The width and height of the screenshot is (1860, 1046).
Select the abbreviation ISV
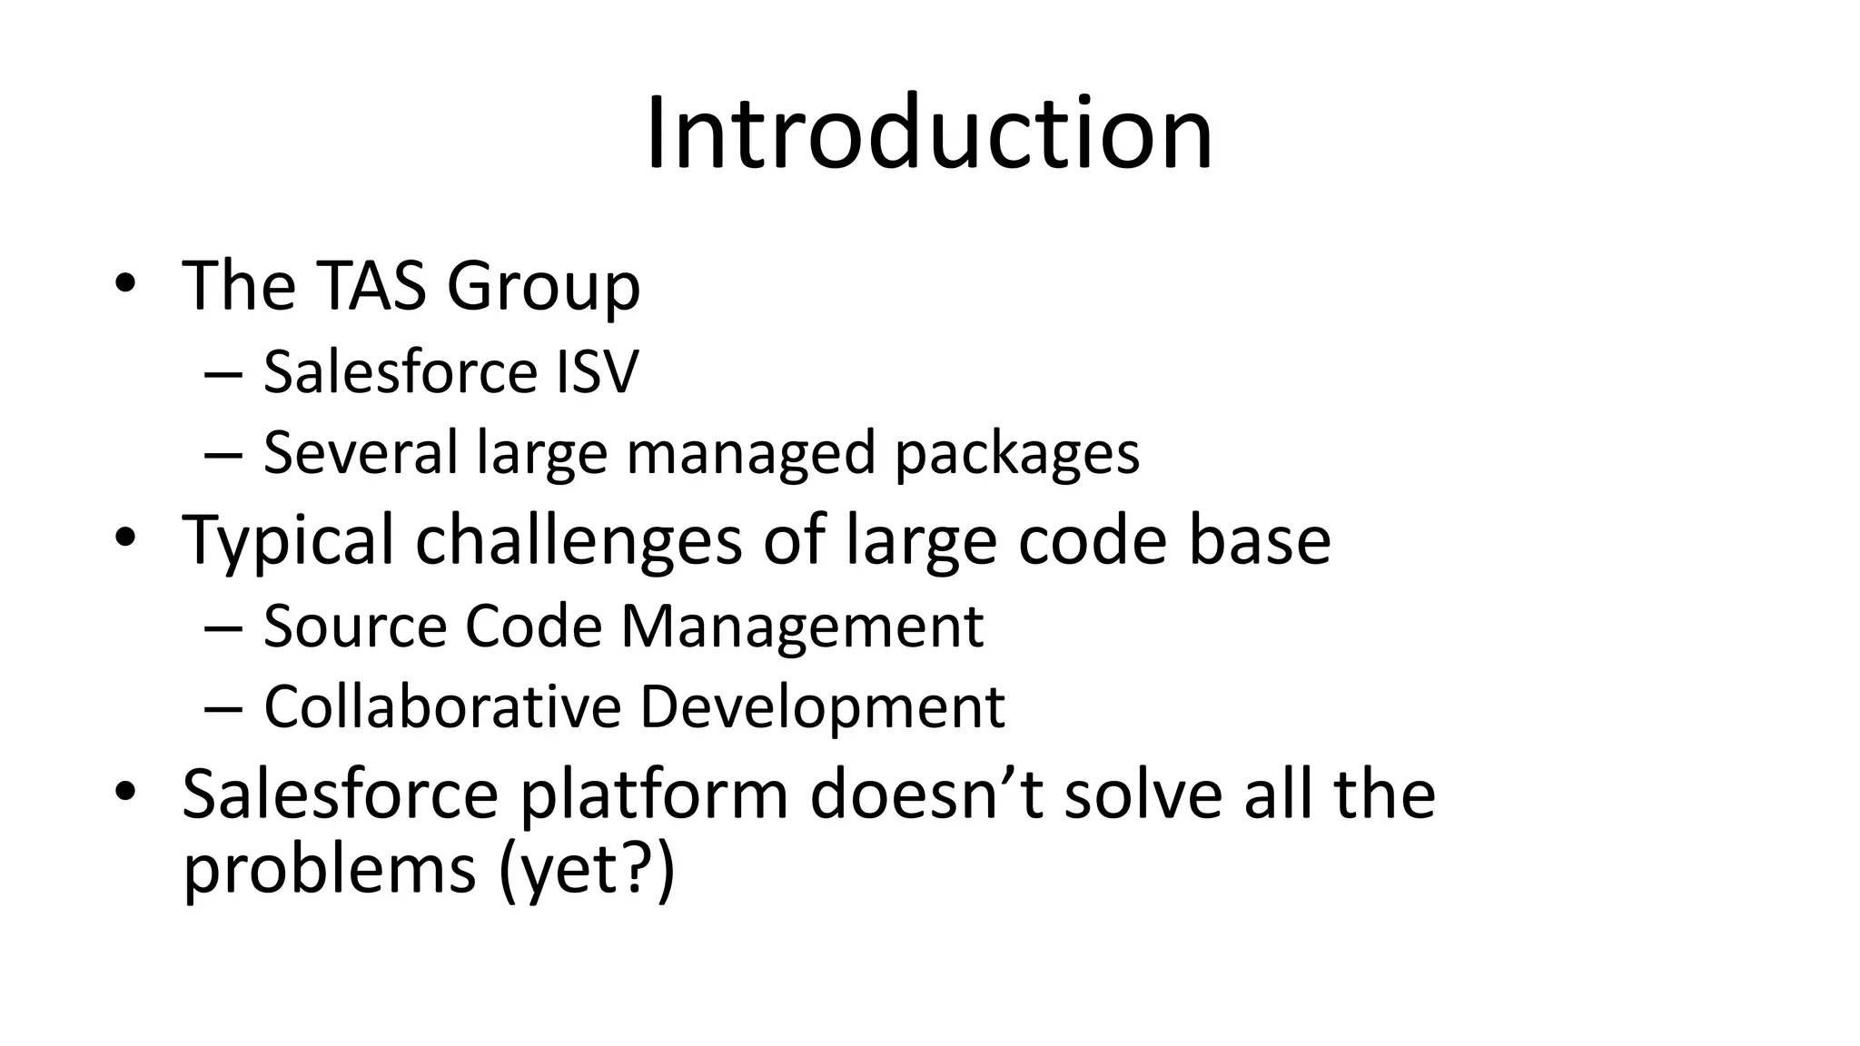[x=597, y=371]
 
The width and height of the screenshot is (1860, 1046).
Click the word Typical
[x=288, y=541]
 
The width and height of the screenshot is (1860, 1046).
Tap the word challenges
[x=579, y=541]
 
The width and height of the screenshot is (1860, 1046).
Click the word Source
[x=355, y=626]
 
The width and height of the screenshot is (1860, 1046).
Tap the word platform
[x=653, y=795]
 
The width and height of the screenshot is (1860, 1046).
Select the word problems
[x=329, y=870]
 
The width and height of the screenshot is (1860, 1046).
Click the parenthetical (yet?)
[x=587, y=870]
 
